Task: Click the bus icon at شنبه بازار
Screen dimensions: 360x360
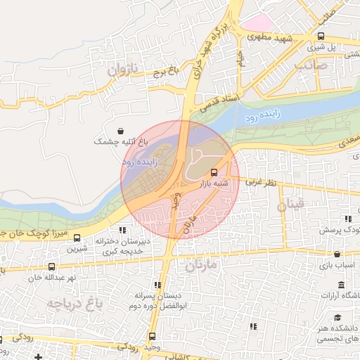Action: click(x=214, y=172)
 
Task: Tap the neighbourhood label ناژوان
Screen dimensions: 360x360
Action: click(x=125, y=70)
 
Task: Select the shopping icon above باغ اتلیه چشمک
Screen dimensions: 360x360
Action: click(x=121, y=131)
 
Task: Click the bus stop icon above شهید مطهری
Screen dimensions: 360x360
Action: click(x=321, y=36)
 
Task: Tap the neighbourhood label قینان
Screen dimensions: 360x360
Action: click(x=292, y=206)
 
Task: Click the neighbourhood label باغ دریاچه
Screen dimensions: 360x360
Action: click(x=76, y=303)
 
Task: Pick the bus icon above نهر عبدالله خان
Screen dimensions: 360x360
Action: click(x=51, y=266)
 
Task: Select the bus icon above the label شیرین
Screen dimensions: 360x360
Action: click(x=77, y=238)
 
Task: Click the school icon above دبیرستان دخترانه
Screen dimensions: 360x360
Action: click(x=122, y=229)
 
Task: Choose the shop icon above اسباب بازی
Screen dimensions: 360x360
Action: click(x=337, y=254)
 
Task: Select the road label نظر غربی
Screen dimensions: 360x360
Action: click(x=260, y=183)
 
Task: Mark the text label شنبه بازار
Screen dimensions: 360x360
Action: click(x=217, y=183)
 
